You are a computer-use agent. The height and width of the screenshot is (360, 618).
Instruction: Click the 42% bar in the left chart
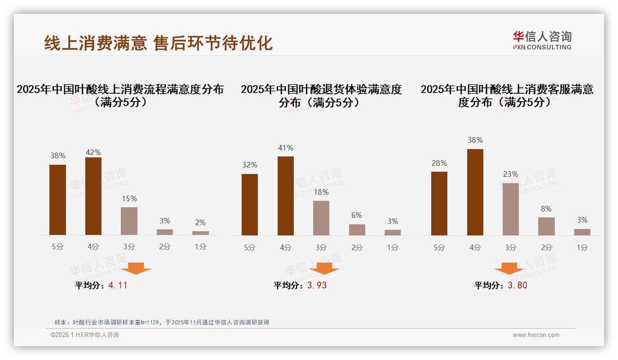pyautogui.click(x=93, y=196)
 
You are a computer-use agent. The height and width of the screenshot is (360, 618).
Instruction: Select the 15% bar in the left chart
pyautogui.click(x=129, y=221)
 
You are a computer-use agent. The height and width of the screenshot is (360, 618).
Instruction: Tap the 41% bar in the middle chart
pyautogui.click(x=285, y=196)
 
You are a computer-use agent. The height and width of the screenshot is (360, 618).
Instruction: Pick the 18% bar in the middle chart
pyautogui.click(x=321, y=218)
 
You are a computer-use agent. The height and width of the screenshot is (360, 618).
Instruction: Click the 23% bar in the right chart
pyautogui.click(x=511, y=209)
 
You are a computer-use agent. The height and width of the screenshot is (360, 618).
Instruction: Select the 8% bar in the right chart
pyautogui.click(x=547, y=226)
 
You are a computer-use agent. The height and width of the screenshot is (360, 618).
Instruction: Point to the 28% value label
pyautogui.click(x=439, y=163)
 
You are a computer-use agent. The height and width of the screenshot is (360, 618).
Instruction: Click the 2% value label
pyautogui.click(x=200, y=222)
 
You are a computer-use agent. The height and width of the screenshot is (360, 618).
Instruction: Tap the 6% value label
pyautogui.click(x=357, y=216)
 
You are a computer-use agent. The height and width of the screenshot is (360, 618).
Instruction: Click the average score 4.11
pyautogui.click(x=118, y=285)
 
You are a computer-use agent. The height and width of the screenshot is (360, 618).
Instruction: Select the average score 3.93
pyautogui.click(x=317, y=285)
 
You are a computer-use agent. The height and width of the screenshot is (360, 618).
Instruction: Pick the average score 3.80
pyautogui.click(x=517, y=285)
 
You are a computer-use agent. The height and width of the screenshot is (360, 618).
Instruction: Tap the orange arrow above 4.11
pyautogui.click(x=136, y=269)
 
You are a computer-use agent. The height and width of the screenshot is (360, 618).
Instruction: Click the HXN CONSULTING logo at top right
pyautogui.click(x=542, y=41)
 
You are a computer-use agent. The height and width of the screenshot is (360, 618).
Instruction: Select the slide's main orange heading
pyautogui.click(x=158, y=43)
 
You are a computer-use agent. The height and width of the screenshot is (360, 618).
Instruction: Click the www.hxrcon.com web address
pyautogui.click(x=536, y=335)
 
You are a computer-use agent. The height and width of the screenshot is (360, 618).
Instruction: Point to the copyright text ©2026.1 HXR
pyautogui.click(x=85, y=335)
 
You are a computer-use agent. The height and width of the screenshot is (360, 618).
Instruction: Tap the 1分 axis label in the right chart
pyautogui.click(x=582, y=248)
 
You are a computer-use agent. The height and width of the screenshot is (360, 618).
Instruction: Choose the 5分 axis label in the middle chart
pyautogui.click(x=250, y=248)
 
